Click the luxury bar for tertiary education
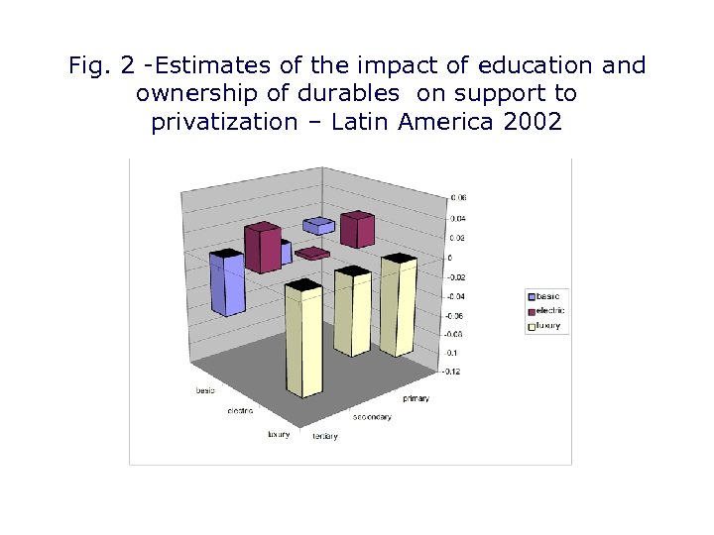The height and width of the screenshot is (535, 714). coord(303,357)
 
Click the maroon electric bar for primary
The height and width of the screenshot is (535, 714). coord(356,230)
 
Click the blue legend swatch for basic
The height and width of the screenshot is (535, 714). coord(532,296)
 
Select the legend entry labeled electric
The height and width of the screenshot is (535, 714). coord(548,310)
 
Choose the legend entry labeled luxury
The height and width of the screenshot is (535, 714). coord(548,325)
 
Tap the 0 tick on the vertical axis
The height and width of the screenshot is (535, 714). coord(450,258)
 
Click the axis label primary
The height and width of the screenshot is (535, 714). coord(416,398)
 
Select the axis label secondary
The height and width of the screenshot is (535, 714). coord(373,417)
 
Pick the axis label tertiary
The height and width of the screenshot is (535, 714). coord(325,436)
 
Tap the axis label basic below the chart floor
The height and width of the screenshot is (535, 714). coord(204,390)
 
